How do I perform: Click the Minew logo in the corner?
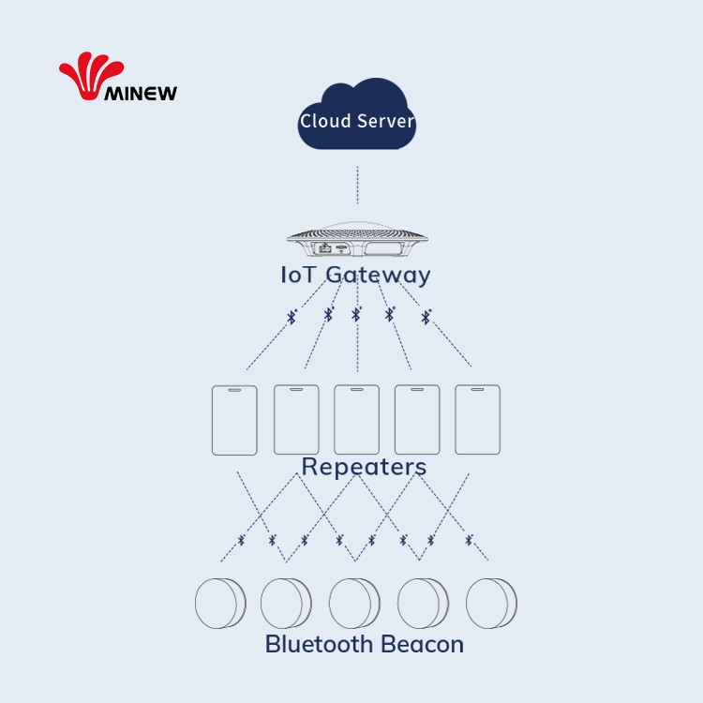(117, 78)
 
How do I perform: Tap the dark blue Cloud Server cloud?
(357, 116)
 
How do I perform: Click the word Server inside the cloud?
(384, 122)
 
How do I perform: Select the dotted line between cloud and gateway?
(357, 185)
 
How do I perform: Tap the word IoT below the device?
(299, 275)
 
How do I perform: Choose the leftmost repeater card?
(234, 420)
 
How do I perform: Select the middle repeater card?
(357, 420)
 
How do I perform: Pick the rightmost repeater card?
(478, 420)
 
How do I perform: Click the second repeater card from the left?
(296, 420)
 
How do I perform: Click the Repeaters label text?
(364, 467)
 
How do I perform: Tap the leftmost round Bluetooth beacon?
(219, 604)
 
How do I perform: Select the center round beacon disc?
(354, 604)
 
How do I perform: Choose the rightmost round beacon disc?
(491, 604)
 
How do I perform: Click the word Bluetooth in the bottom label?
(321, 645)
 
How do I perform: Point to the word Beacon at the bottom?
(422, 645)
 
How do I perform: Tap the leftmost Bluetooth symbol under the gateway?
(292, 317)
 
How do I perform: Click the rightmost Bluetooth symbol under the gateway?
(426, 317)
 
